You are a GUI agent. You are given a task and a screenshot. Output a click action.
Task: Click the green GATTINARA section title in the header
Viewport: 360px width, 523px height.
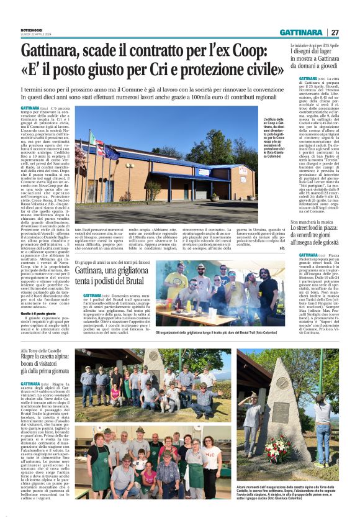[300, 32]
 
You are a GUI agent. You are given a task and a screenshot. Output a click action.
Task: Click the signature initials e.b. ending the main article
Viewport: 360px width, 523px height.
[282, 231]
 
